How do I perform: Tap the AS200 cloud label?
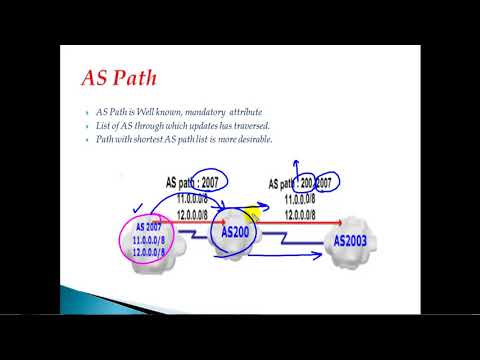click(233, 232)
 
